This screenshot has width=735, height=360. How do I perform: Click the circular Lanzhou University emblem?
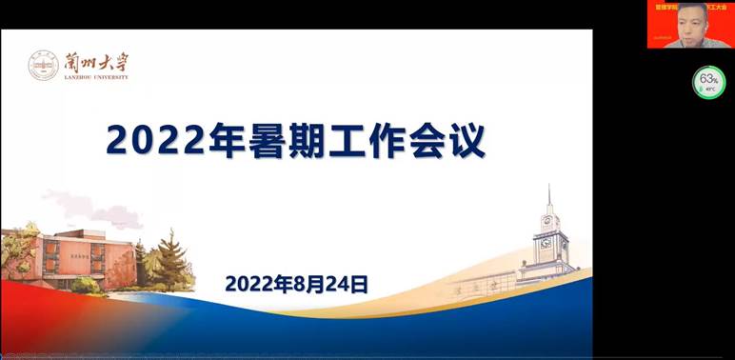point(43,66)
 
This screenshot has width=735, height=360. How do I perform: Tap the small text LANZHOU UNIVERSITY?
point(94,77)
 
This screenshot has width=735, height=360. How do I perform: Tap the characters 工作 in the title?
point(367,140)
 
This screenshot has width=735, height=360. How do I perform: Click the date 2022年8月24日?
point(296,283)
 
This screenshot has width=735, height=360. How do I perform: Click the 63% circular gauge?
point(708,82)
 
